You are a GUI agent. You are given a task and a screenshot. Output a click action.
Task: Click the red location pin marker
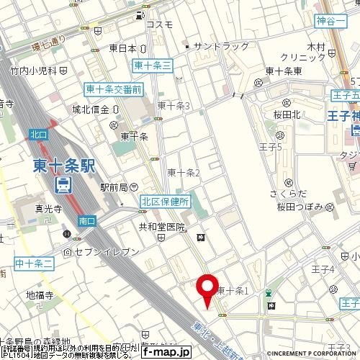pos(209,289)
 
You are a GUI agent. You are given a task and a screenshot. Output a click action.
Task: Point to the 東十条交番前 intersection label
pos(113,89)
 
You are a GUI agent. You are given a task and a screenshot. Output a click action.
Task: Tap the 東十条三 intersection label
pos(153,66)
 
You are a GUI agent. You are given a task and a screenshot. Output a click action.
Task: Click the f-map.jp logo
pos(166,352)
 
